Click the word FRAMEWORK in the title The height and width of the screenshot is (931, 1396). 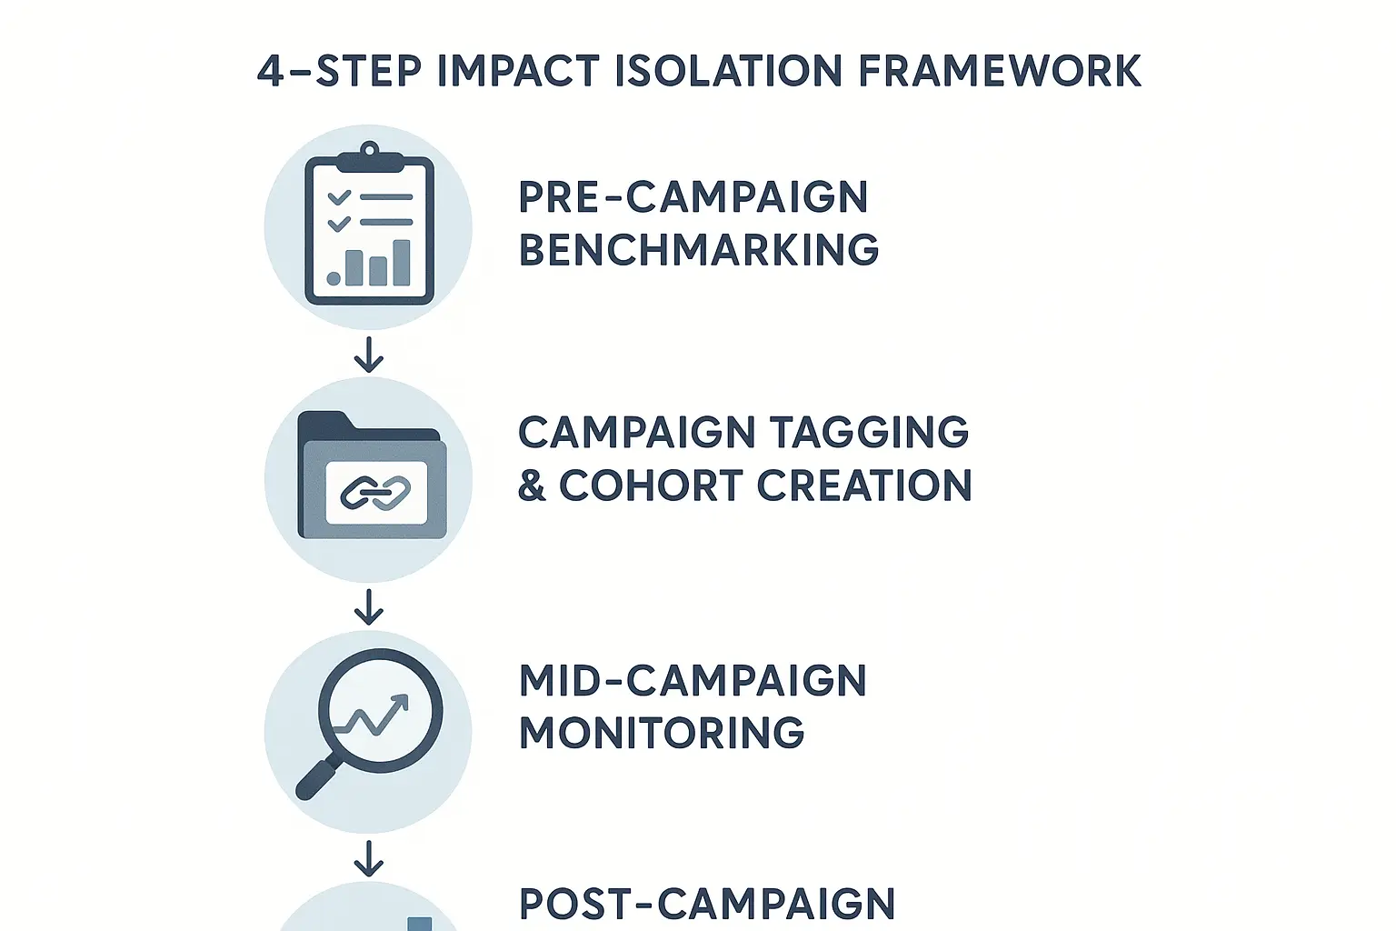coord(999,72)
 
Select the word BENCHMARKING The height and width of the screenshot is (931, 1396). coord(698,250)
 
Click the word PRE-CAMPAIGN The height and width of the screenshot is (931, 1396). coord(693,197)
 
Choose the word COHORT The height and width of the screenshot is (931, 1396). coord(651,486)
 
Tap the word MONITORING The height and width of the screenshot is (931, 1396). coord(662,733)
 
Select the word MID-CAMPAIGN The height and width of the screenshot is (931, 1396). coord(693,681)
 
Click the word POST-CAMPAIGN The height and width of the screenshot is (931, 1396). coord(706,904)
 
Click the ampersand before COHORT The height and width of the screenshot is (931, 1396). coord(531,486)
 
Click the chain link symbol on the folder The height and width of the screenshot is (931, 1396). coord(375,493)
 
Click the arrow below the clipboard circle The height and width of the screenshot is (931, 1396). coord(368,355)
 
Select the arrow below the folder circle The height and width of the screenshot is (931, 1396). coord(368,606)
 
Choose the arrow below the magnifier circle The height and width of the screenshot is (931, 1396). coord(368,857)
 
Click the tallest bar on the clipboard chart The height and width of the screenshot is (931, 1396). coord(400,263)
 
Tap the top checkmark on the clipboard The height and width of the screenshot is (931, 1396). coord(338,197)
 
